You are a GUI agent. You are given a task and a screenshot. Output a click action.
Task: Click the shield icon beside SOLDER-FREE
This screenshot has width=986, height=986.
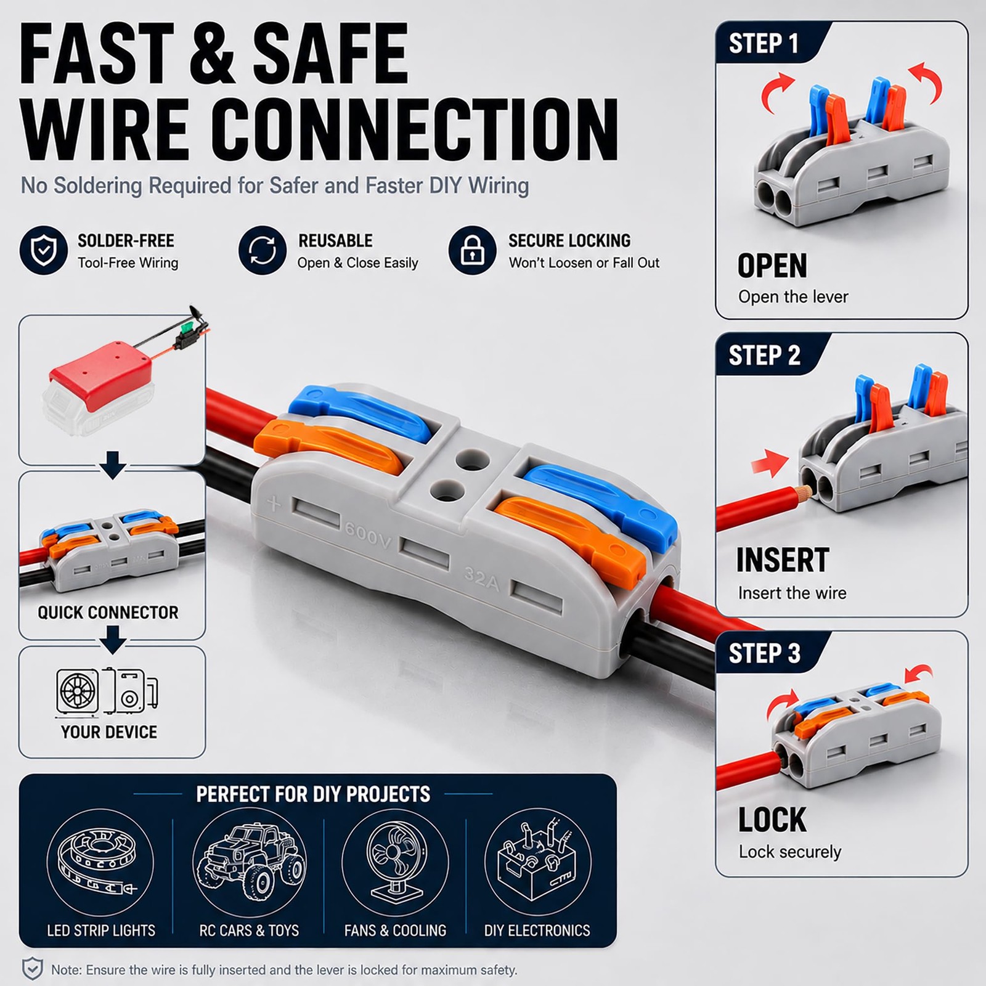click(x=44, y=250)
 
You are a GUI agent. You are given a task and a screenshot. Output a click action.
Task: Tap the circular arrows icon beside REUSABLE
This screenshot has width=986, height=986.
click(x=263, y=250)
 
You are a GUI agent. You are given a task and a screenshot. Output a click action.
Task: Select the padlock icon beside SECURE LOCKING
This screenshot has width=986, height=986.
click(x=473, y=250)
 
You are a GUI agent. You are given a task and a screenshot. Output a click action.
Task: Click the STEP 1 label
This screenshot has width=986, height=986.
click(x=764, y=44)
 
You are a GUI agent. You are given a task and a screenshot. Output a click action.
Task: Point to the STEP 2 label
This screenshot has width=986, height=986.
click(x=764, y=356)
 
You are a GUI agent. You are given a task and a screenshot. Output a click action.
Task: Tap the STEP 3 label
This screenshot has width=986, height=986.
click(x=764, y=653)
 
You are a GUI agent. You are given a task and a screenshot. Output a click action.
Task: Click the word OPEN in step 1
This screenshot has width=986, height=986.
click(x=772, y=266)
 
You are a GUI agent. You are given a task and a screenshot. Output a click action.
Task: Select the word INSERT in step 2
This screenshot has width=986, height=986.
click(x=783, y=560)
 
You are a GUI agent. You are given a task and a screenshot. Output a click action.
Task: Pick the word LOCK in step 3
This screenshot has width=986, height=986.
click(x=772, y=820)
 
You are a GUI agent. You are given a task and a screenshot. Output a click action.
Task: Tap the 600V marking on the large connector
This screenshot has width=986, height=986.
click(x=368, y=535)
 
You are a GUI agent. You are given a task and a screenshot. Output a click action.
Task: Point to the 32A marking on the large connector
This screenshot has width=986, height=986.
click(x=481, y=579)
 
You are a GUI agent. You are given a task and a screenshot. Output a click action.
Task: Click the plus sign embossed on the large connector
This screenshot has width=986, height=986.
click(x=274, y=503)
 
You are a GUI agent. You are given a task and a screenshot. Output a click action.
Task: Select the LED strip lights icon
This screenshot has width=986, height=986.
click(x=100, y=862)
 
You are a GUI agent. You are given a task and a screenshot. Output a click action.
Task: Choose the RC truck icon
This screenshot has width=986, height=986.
click(x=249, y=862)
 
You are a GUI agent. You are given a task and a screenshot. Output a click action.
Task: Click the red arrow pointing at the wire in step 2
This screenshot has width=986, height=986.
click(x=770, y=463)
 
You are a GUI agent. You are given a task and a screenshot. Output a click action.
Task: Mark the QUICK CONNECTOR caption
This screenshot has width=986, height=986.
click(x=108, y=613)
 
